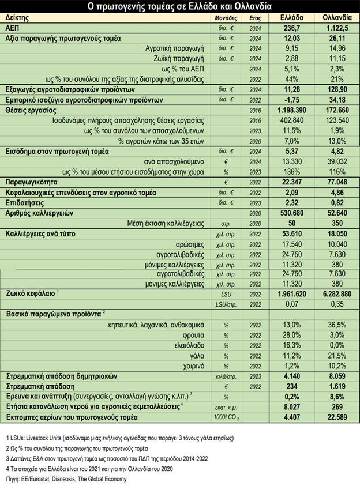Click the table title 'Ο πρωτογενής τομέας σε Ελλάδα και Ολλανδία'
click(179, 7)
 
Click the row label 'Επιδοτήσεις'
click(27, 203)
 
